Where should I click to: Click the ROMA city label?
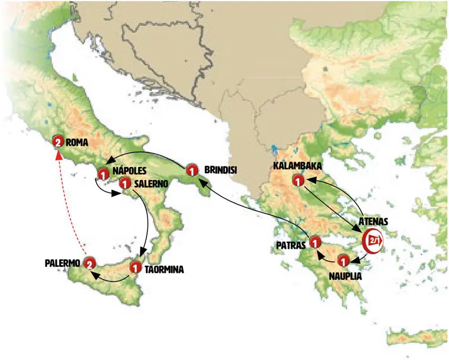pos(78,142)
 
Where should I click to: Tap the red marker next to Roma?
pos(58,142)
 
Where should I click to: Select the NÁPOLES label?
pos(130,171)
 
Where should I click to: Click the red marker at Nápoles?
pos(103,175)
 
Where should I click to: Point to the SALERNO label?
pos(150,184)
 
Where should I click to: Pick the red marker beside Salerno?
pos(125,184)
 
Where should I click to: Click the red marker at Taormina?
pos(135,267)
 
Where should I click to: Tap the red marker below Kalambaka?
pos(298,180)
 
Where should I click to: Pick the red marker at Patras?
pos(315,243)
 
